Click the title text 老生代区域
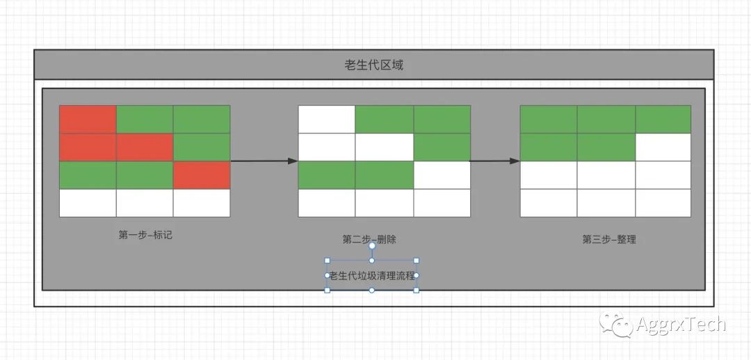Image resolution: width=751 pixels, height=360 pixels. pyautogui.click(x=373, y=65)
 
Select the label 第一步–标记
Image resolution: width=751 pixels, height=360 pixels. pyautogui.click(x=145, y=235)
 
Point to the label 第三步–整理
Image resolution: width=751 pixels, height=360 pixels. pyautogui.click(x=609, y=239)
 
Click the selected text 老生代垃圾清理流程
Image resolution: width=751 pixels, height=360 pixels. pyautogui.click(x=371, y=275)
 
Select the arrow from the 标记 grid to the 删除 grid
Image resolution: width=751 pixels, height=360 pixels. pyautogui.click(x=264, y=161)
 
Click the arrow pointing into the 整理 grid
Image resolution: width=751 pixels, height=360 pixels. pyautogui.click(x=494, y=161)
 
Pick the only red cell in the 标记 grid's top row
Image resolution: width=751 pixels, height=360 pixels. pyautogui.click(x=88, y=119)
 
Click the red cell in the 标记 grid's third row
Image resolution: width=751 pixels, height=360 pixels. pyautogui.click(x=202, y=175)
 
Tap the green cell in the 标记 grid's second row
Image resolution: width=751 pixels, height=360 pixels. pyautogui.click(x=202, y=147)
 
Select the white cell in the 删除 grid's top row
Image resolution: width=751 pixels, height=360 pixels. pyautogui.click(x=327, y=119)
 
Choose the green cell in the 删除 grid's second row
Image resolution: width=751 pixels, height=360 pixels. pyautogui.click(x=442, y=147)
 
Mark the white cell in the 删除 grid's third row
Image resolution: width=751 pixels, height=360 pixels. pyautogui.click(x=442, y=175)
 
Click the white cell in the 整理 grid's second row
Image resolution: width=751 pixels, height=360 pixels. pyautogui.click(x=663, y=147)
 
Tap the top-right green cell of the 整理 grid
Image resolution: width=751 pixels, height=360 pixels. pyautogui.click(x=663, y=119)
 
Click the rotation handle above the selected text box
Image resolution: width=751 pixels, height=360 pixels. pyautogui.click(x=372, y=245)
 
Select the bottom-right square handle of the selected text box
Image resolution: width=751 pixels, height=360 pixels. pyautogui.click(x=417, y=290)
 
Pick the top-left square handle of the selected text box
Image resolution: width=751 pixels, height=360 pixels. pyautogui.click(x=328, y=261)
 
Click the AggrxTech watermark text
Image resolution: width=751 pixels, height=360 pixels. pyautogui.click(x=680, y=324)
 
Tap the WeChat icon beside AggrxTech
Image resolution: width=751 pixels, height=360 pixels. pyautogui.click(x=616, y=324)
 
